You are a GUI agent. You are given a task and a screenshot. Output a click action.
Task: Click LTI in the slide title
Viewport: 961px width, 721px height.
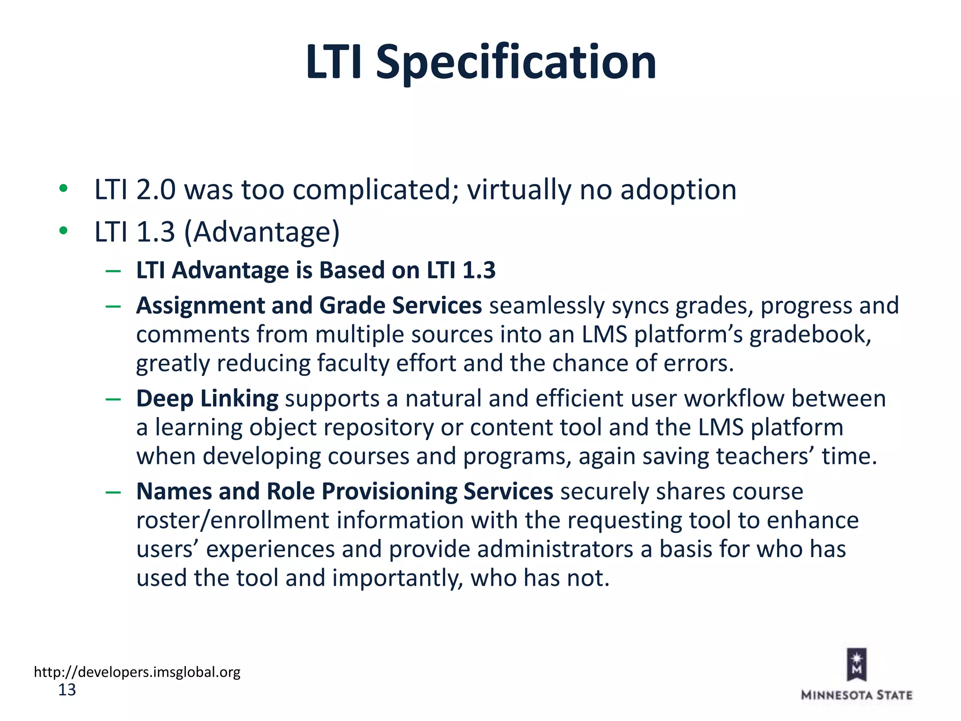point(334,62)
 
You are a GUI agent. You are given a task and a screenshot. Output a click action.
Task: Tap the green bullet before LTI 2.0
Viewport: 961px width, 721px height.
point(63,189)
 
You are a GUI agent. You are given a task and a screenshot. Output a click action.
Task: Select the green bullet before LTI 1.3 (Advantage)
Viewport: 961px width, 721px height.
point(63,231)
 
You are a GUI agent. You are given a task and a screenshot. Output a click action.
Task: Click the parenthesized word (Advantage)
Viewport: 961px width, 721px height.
point(262,232)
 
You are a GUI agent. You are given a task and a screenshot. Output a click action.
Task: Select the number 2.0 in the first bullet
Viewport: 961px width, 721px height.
point(155,190)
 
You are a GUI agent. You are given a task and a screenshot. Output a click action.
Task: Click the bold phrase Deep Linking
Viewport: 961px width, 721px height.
point(207,399)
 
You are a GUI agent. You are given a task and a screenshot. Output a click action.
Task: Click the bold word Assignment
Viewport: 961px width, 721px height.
point(200,306)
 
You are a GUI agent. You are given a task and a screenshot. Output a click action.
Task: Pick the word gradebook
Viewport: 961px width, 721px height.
point(809,335)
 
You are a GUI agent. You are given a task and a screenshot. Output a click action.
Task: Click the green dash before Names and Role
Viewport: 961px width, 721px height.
point(113,492)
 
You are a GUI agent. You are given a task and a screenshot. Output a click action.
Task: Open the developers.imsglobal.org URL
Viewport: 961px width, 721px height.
point(137,672)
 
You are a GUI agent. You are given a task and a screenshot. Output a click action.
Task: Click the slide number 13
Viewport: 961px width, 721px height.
point(67,690)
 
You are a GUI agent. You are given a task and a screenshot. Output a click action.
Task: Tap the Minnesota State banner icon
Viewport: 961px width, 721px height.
point(856,664)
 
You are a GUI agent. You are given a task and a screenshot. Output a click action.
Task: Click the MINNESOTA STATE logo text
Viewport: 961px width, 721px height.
point(856,695)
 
